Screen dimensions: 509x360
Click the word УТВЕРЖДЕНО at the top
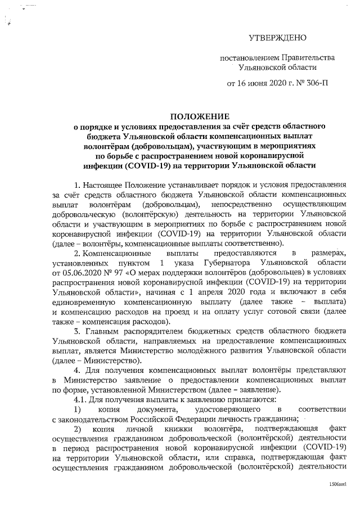[x=278, y=38]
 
